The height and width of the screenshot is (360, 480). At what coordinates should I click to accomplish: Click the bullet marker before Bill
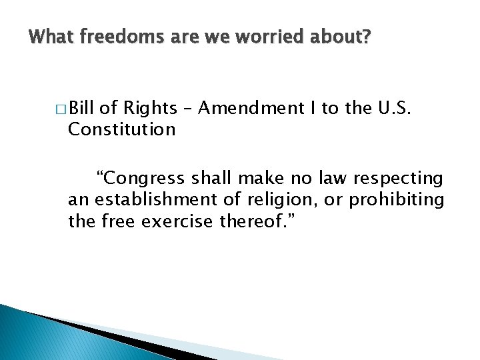point(61,109)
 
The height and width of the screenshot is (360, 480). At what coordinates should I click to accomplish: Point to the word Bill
point(82,108)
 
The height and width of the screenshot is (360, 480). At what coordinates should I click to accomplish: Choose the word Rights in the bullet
point(151,108)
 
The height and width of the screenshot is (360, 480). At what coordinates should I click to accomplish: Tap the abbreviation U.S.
point(397,108)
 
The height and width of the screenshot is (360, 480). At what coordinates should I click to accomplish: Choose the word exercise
point(183,221)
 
